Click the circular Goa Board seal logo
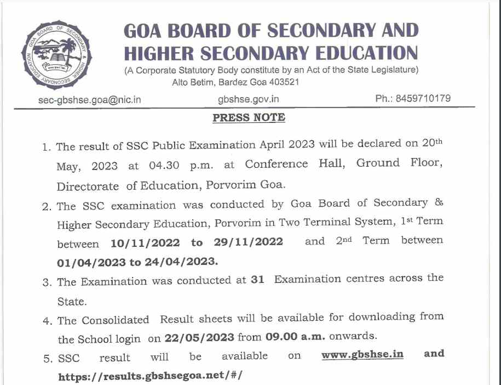click(57, 56)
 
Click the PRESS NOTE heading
click(249, 117)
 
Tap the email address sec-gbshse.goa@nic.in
click(90, 100)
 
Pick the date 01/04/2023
click(90, 262)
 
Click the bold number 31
click(257, 280)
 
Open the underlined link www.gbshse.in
click(362, 354)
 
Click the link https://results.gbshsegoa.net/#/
click(149, 376)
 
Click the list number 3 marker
click(47, 283)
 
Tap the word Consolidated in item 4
click(115, 320)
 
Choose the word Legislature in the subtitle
click(391, 70)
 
